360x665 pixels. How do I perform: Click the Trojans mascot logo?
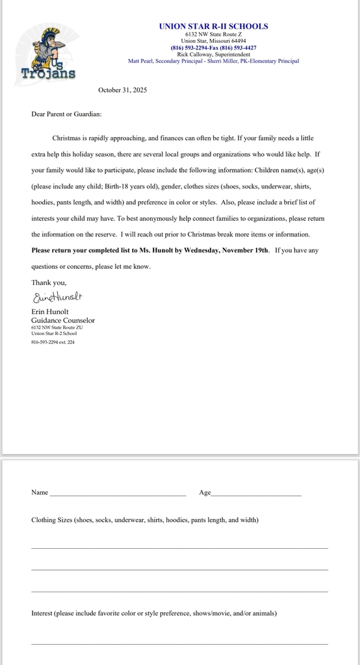point(48,51)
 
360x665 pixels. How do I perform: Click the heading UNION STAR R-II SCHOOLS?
point(213,26)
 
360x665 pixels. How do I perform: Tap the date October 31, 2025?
point(122,90)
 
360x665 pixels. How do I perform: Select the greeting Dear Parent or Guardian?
point(66,114)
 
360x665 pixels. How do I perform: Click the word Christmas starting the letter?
point(67,138)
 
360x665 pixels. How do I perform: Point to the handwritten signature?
point(58,297)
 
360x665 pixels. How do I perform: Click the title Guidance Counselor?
point(63,320)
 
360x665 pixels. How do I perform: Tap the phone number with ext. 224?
point(53,342)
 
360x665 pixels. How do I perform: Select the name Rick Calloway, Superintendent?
point(213,55)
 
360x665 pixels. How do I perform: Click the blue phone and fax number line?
point(213,47)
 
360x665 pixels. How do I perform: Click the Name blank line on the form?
point(117,494)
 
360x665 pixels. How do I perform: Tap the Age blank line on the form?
point(256,494)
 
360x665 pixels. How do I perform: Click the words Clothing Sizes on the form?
point(51,520)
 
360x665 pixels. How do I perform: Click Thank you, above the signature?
point(49,282)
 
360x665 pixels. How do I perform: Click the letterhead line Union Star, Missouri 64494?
point(213,40)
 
